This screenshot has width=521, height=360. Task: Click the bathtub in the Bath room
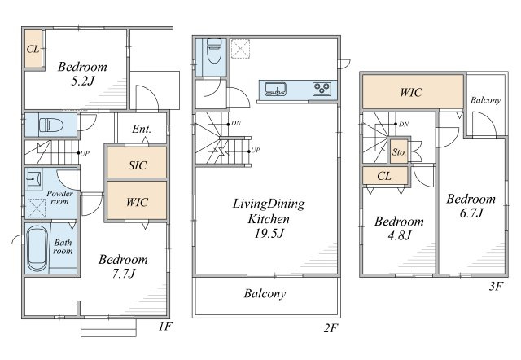click(37, 248)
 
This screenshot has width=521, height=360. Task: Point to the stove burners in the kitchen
click(322, 88)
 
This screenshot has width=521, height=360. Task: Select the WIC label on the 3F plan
click(410, 91)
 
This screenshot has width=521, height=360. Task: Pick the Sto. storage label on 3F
click(400, 152)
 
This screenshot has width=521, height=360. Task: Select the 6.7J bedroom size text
click(470, 213)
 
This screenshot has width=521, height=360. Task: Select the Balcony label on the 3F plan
click(486, 99)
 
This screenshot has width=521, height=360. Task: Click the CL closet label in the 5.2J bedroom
click(33, 50)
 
